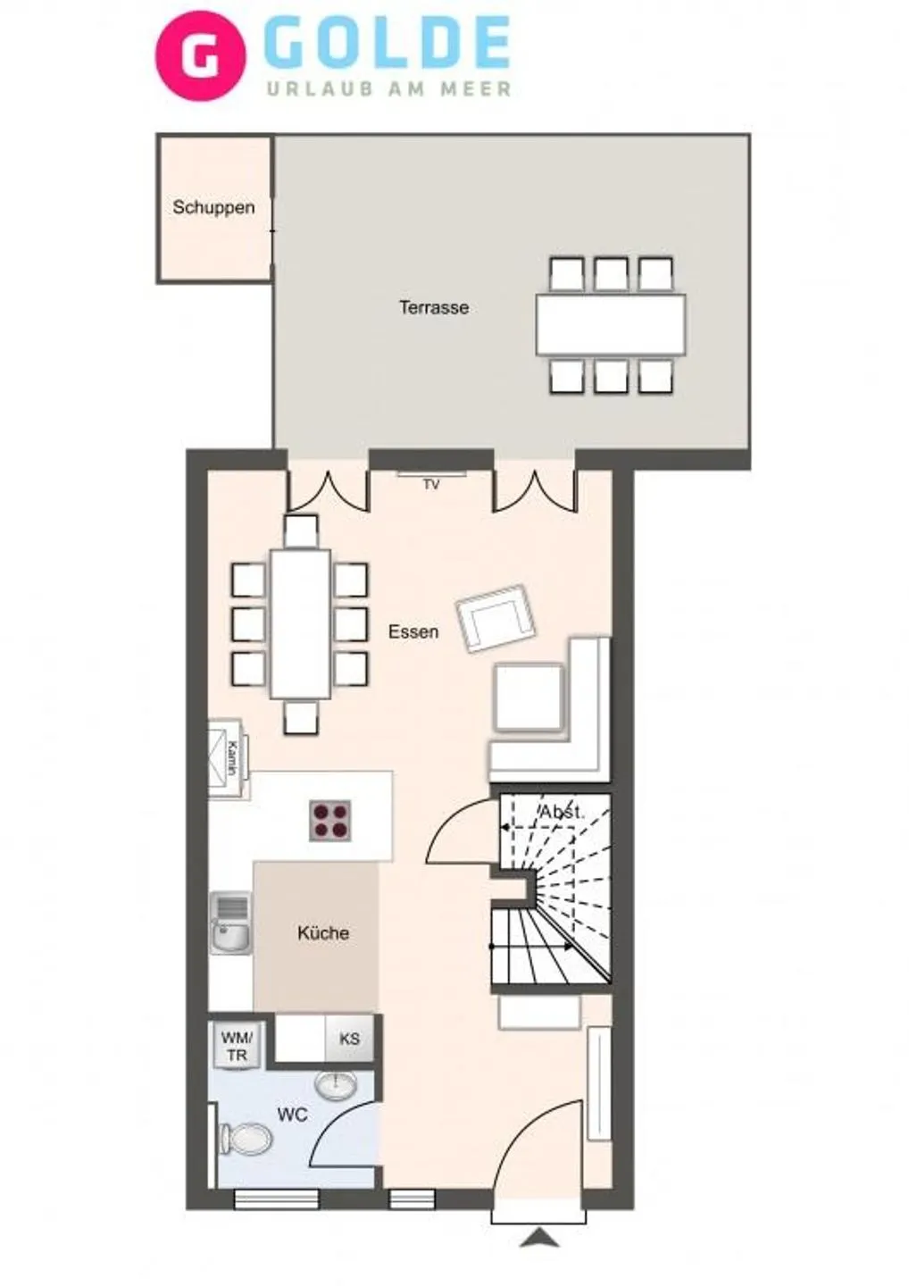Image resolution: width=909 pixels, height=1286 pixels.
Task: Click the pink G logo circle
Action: coord(200,55)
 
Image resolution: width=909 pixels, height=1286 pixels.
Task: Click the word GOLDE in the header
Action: coord(388,44)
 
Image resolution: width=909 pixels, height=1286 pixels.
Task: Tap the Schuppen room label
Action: coord(213,207)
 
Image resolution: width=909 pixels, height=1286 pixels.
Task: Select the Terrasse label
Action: coord(433,307)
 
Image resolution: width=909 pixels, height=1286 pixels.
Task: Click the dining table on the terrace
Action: coord(611,325)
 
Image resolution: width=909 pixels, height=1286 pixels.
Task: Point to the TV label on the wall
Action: coord(431,484)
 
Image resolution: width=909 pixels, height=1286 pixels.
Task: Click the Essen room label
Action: coord(413,631)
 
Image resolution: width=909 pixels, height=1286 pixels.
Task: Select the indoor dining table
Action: coord(300,624)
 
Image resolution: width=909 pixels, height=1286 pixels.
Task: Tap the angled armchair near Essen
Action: coord(495,617)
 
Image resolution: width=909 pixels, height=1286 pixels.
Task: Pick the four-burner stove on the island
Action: coord(329,820)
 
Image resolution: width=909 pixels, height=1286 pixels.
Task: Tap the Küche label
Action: coord(322,932)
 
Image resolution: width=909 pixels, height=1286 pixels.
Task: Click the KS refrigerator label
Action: coord(349,1039)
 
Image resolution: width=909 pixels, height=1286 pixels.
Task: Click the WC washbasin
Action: coord(336,1084)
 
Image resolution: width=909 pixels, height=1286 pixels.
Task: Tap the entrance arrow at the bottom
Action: coord(538,1237)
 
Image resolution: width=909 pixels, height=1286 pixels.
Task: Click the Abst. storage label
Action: coord(561,813)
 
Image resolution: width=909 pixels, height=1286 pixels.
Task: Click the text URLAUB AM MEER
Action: coord(389,88)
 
